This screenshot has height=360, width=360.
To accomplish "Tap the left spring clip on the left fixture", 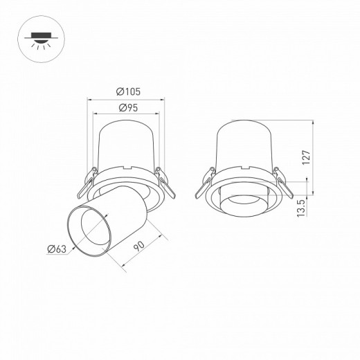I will (86, 182).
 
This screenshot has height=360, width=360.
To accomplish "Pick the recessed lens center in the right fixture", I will (244, 201).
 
